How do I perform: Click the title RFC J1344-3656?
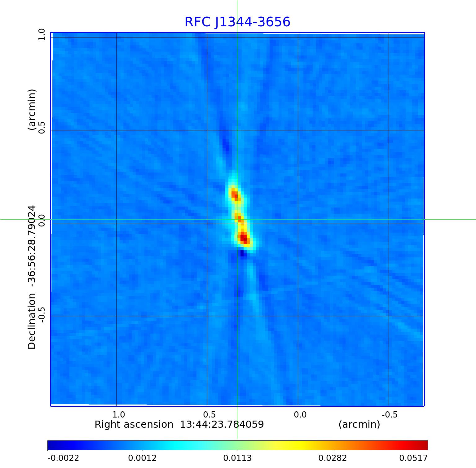tap(237, 22)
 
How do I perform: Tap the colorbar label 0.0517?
tap(413, 458)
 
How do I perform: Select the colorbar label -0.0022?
tap(63, 458)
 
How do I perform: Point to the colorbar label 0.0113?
tap(238, 458)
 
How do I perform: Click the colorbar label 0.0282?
tap(333, 458)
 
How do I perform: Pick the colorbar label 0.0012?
tap(143, 458)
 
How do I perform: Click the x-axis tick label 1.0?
tap(118, 414)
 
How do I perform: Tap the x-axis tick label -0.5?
tap(390, 414)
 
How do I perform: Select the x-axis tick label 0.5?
tap(209, 414)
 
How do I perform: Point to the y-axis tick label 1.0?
tap(42, 34)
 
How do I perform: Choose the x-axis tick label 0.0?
tap(300, 414)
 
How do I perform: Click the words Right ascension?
tap(134, 424)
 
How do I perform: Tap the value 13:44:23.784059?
tap(222, 424)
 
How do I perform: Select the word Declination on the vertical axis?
tap(32, 321)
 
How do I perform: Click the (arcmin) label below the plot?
tap(359, 424)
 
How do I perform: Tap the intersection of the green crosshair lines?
tap(238, 219)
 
